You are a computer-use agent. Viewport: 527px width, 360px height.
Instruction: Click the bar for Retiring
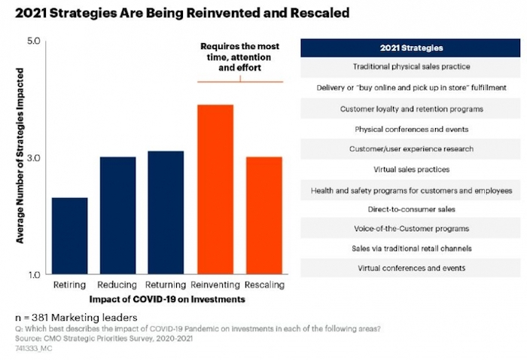(x=69, y=236)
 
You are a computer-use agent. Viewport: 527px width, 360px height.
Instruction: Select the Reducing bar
(x=117, y=215)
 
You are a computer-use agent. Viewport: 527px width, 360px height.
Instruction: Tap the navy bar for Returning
(x=166, y=212)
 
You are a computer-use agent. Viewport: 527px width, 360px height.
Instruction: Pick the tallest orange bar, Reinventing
(x=215, y=189)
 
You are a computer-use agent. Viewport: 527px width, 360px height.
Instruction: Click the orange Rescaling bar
(x=263, y=215)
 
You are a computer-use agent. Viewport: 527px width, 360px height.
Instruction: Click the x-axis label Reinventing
(x=215, y=287)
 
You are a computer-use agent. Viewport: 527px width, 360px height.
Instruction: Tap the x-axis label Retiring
(x=69, y=287)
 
